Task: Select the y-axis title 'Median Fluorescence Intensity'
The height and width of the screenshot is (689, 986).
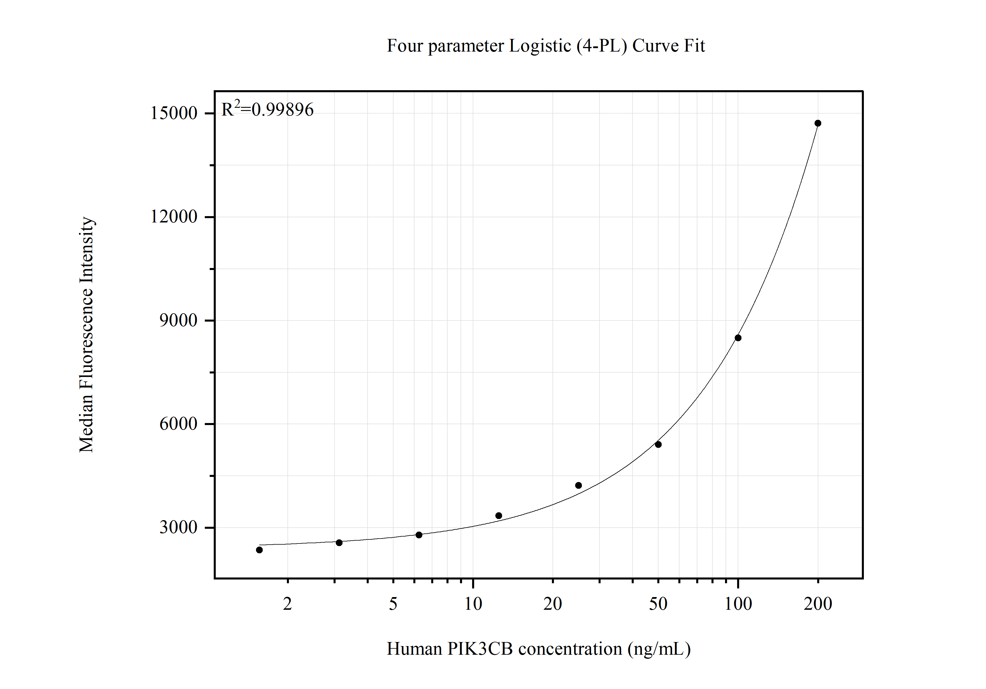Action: (86, 334)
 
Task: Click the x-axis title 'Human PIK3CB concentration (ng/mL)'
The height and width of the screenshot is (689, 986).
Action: (539, 649)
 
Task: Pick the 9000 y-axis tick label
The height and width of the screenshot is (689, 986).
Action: (178, 320)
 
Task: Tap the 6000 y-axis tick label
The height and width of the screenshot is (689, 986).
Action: (178, 424)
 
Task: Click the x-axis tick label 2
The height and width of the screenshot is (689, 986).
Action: (287, 604)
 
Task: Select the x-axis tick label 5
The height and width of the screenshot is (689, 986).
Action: (393, 604)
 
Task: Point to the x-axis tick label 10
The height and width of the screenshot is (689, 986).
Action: (473, 604)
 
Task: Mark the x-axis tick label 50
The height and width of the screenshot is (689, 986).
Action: (658, 604)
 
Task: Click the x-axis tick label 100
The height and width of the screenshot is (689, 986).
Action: (738, 604)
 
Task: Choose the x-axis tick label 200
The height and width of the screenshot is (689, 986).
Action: (818, 604)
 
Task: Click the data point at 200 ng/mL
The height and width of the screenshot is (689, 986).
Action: (818, 123)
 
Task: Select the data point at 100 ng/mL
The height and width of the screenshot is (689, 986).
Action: (738, 338)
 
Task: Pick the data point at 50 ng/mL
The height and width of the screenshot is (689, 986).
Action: (658, 444)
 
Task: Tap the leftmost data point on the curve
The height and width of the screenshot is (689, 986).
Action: (259, 550)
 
